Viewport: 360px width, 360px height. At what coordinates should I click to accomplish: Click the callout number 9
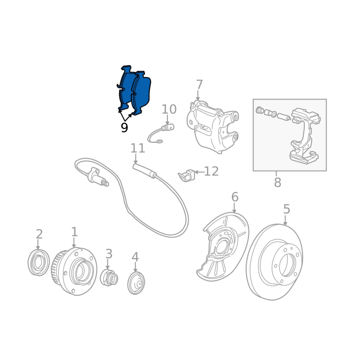124,127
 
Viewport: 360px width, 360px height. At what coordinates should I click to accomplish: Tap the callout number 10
169,109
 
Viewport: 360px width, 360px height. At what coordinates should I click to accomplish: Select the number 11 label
138,148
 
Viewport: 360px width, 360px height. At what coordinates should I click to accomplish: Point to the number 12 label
211,171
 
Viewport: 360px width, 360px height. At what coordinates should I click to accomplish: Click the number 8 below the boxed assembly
278,183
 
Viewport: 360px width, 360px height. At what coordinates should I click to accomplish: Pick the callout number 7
199,85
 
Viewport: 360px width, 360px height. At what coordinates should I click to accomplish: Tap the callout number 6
234,197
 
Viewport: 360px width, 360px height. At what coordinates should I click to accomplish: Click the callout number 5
287,209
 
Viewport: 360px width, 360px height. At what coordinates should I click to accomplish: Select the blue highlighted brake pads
134,90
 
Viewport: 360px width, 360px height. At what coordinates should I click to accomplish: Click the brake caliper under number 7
212,127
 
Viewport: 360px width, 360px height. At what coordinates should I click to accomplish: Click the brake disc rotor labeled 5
274,262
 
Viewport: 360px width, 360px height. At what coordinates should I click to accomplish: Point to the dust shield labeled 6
223,247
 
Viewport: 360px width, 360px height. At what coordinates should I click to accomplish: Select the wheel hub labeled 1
74,271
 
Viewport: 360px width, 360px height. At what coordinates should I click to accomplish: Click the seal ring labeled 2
39,262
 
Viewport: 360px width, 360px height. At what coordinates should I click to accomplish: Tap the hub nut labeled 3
109,278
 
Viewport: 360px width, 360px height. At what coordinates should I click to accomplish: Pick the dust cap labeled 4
136,283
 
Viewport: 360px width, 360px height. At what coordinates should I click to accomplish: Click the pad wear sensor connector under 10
167,127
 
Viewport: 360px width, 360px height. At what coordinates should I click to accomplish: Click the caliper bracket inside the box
305,135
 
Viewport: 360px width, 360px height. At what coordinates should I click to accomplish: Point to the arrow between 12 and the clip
199,172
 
